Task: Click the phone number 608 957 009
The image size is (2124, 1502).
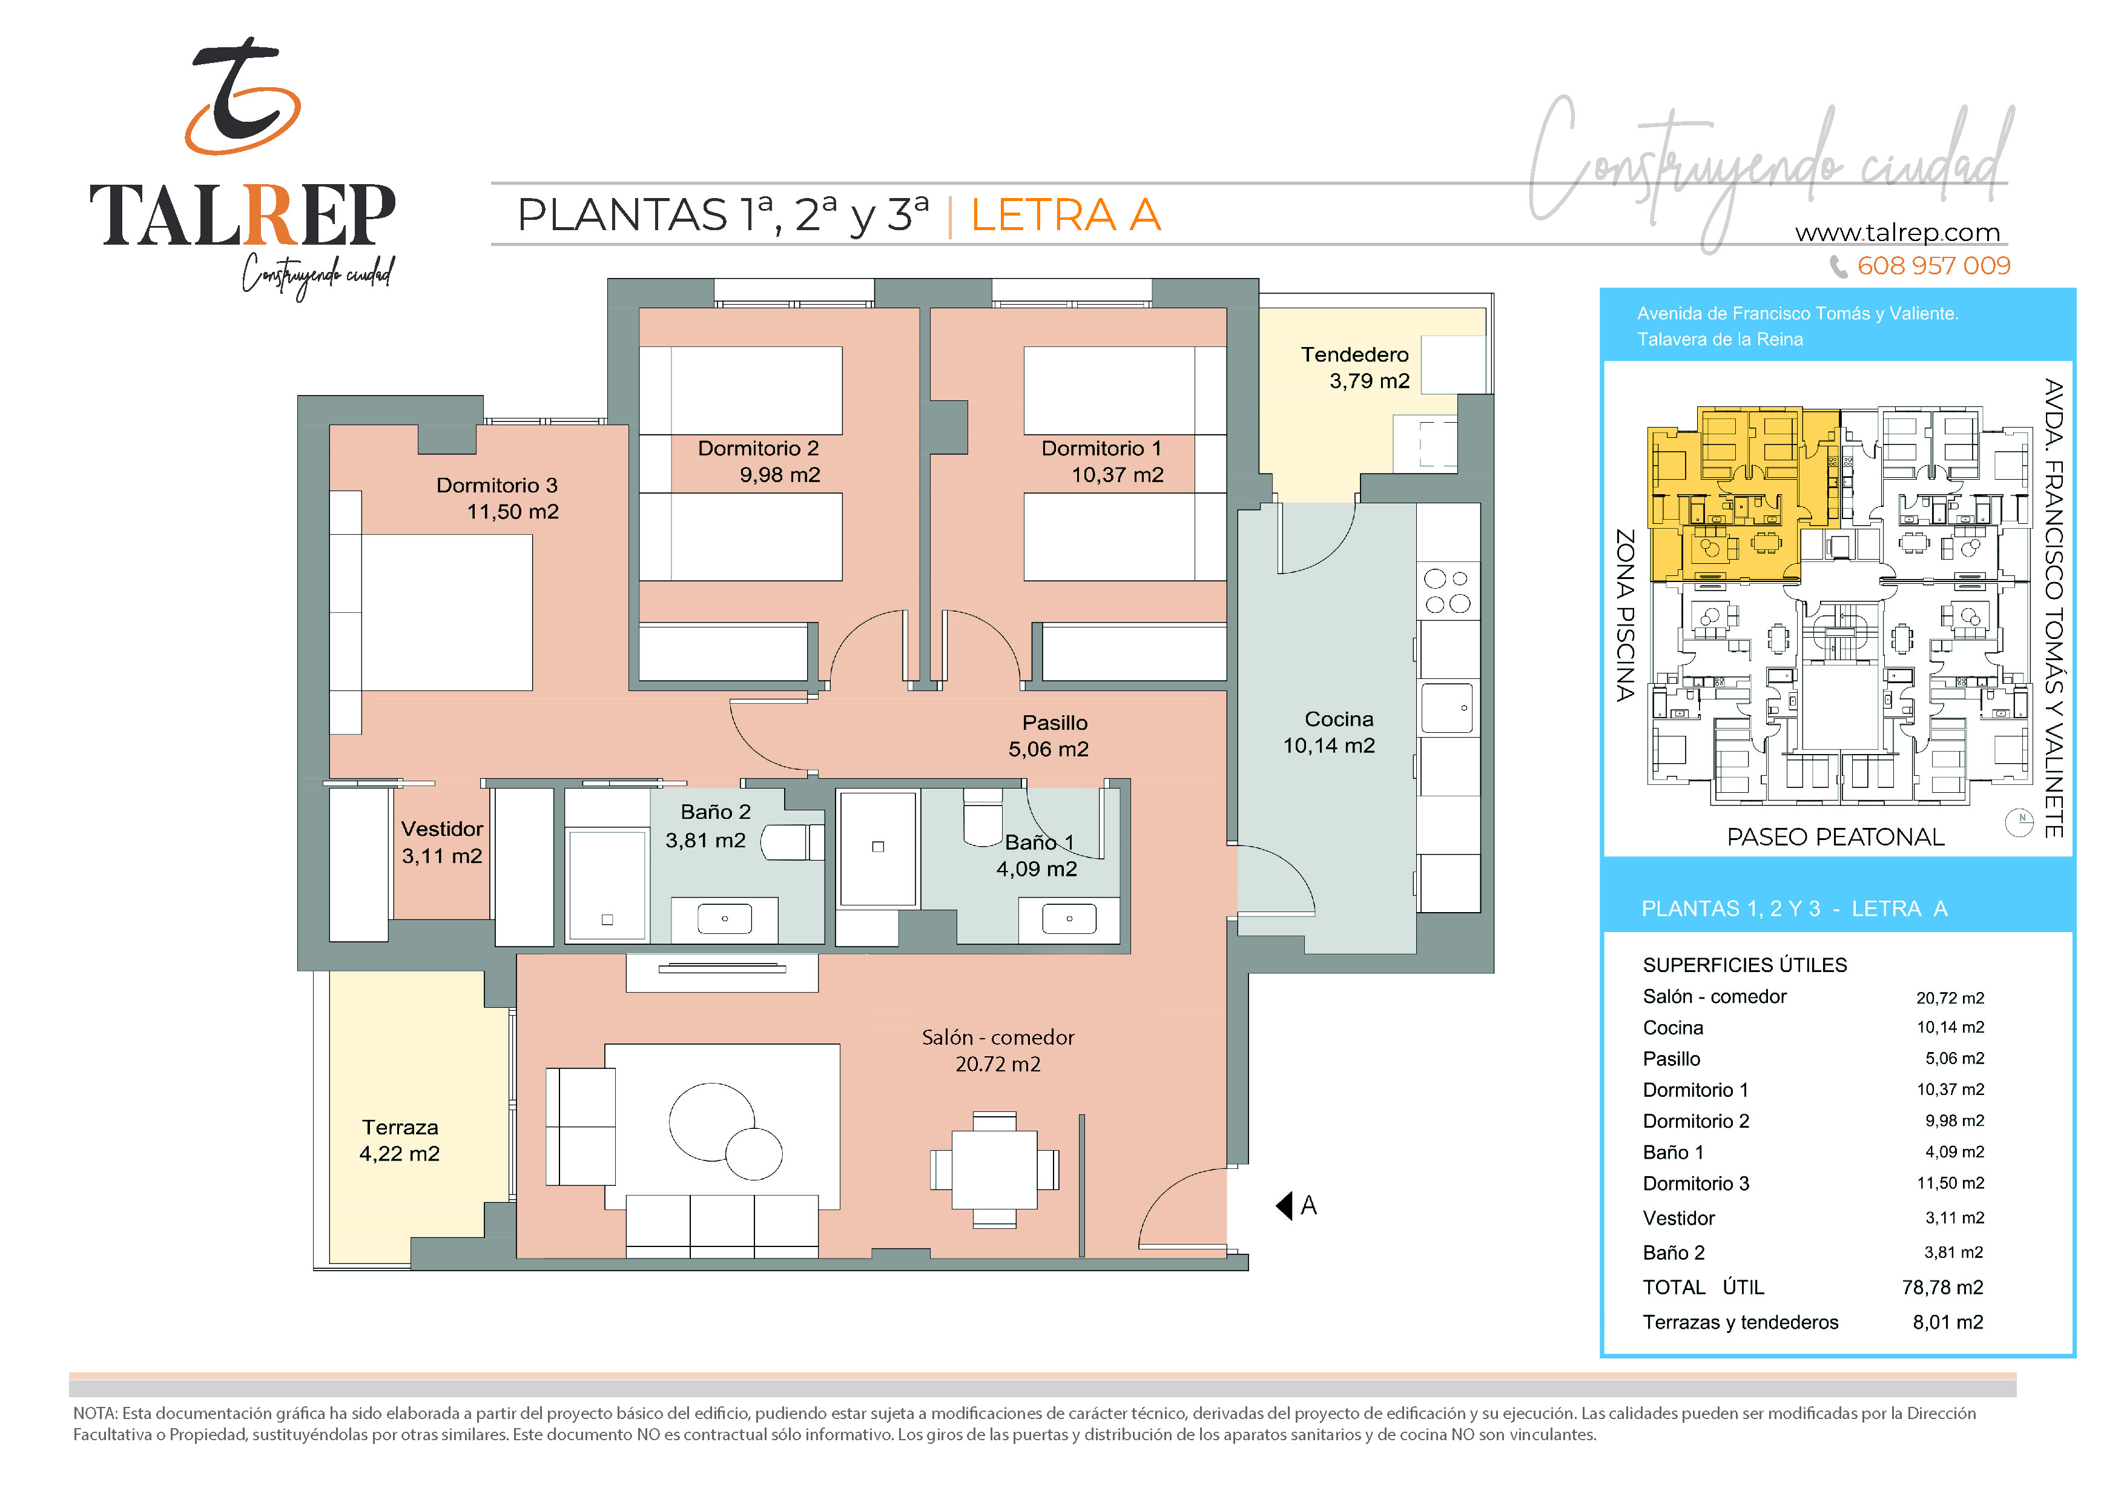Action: [1933, 266]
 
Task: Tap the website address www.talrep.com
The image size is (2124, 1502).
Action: [1898, 233]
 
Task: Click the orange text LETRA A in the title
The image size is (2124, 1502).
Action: [1066, 215]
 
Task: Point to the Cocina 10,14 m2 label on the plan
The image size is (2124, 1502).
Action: [1330, 732]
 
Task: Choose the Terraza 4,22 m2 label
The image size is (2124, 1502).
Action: [400, 1140]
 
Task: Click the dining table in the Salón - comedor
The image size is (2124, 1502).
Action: [994, 1170]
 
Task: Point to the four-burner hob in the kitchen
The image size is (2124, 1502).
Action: [1448, 591]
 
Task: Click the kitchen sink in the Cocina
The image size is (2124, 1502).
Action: [1447, 708]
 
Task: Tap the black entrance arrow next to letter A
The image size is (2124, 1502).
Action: [1284, 1206]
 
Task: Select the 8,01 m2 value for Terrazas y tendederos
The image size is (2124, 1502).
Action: [1948, 1323]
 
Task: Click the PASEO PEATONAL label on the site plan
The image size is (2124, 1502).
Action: [1835, 838]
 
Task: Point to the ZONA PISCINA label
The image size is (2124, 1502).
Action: [1625, 615]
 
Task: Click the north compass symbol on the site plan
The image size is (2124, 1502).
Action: [2019, 822]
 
